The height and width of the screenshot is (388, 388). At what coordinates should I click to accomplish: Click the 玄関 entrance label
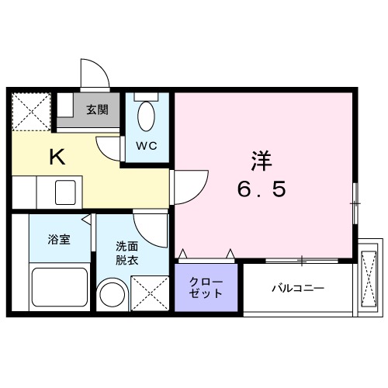coord(97,109)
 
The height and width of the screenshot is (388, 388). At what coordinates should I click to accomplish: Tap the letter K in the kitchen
coord(57,157)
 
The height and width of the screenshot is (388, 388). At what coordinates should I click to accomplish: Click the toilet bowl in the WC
coord(145,117)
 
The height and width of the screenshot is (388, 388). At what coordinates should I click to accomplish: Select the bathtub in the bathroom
coord(58,288)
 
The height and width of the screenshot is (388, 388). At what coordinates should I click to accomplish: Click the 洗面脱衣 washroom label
coord(127,252)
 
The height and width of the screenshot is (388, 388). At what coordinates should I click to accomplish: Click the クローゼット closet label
coord(207,287)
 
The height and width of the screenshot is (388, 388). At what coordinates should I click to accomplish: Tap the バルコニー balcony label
coord(297,289)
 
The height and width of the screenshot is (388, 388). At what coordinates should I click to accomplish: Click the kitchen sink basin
coord(66,192)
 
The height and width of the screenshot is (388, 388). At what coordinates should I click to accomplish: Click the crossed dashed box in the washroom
coord(151,295)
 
